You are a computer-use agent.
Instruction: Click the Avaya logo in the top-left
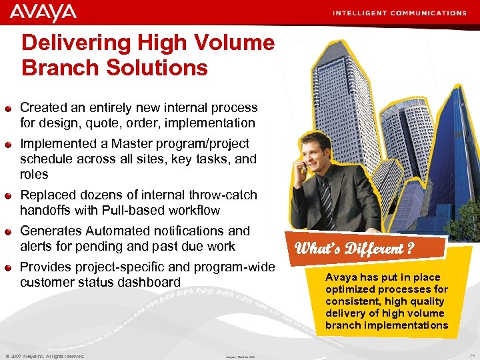click(43, 12)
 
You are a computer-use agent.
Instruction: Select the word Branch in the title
click(54, 67)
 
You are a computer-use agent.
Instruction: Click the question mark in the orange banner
click(409, 249)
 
